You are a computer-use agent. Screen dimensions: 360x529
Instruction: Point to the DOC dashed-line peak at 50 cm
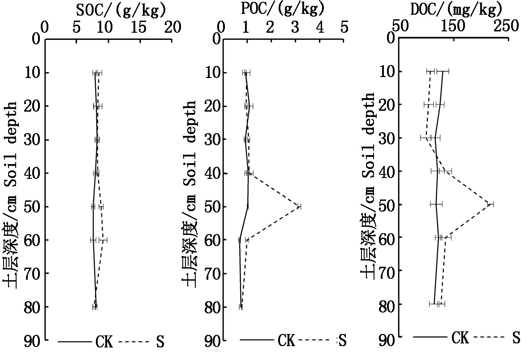(x=490, y=204)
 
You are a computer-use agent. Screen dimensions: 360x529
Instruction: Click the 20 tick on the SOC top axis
(x=172, y=27)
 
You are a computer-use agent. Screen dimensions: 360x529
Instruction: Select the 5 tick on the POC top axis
(x=344, y=27)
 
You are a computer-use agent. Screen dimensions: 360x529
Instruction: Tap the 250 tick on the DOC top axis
(x=507, y=26)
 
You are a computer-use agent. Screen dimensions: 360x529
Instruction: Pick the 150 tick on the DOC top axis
(x=453, y=26)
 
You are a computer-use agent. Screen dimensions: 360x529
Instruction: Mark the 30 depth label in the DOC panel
(x=385, y=138)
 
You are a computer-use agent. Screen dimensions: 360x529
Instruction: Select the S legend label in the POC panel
(x=342, y=341)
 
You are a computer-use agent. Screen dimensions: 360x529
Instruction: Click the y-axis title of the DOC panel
(x=368, y=186)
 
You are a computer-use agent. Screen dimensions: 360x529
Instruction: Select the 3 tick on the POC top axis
(x=294, y=27)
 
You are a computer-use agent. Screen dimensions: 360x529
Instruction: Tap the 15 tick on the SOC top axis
(x=141, y=27)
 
